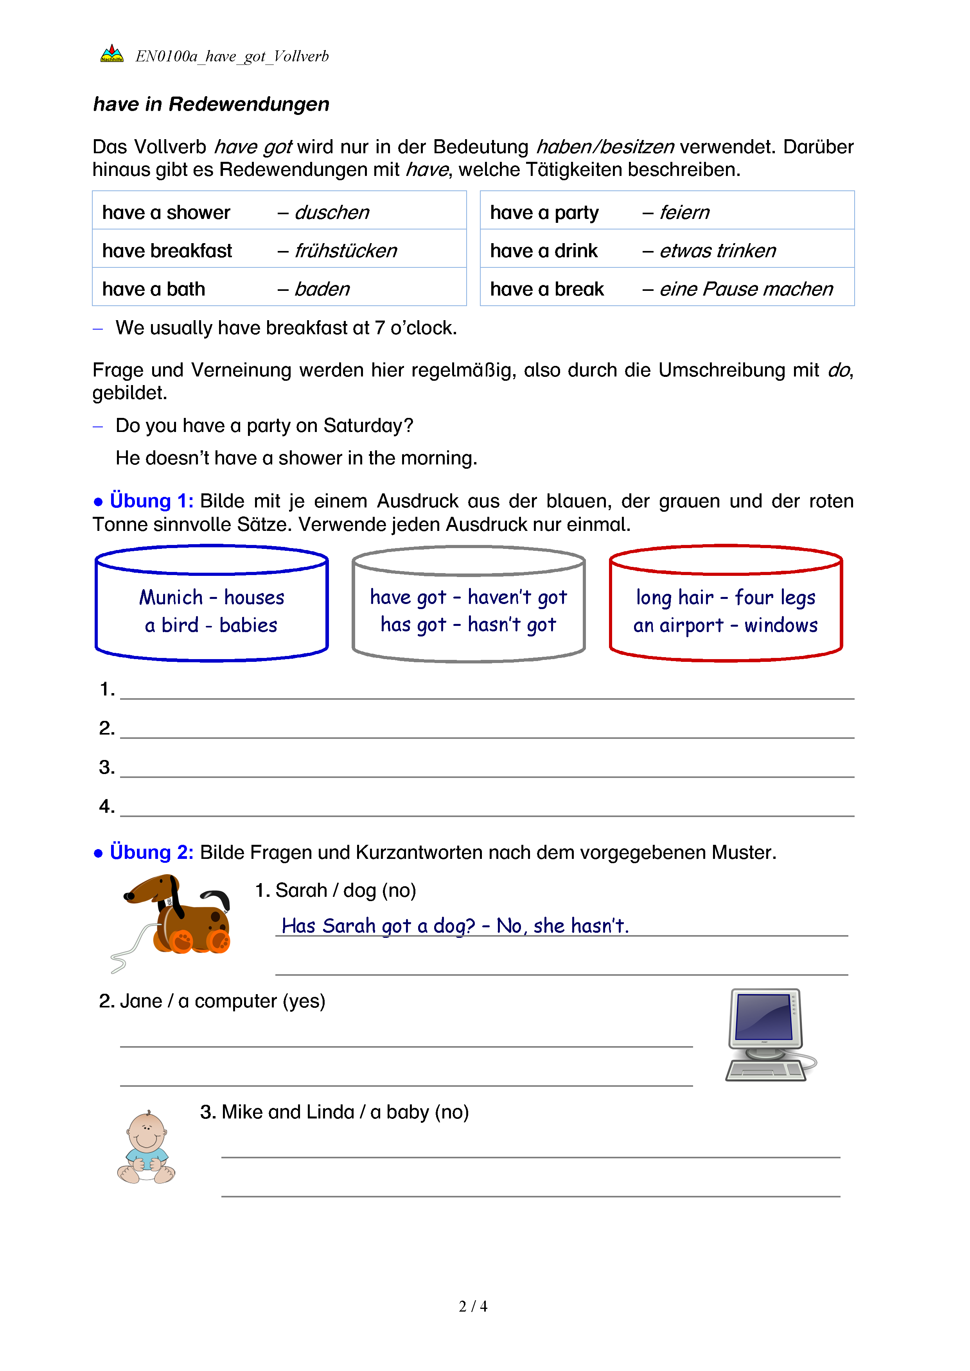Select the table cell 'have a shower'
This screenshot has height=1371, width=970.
(x=166, y=213)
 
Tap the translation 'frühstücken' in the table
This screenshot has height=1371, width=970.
(x=345, y=251)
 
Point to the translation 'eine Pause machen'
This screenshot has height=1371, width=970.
(x=745, y=289)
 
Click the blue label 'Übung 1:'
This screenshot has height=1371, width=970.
(x=151, y=500)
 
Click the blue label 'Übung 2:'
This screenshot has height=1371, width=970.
(x=151, y=852)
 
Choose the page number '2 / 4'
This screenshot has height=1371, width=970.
(x=473, y=1306)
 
